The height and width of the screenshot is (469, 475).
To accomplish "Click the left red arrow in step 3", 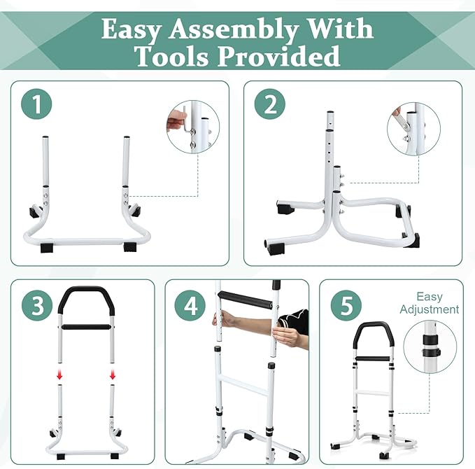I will pyautogui.click(x=59, y=376).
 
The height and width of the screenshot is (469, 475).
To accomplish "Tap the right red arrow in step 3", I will pyautogui.click(x=112, y=376).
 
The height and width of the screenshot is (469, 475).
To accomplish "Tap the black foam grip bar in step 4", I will pyautogui.click(x=245, y=302).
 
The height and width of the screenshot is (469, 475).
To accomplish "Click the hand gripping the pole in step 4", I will pyautogui.click(x=285, y=336).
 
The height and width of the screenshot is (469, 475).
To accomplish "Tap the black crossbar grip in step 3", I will pyautogui.click(x=86, y=327).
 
